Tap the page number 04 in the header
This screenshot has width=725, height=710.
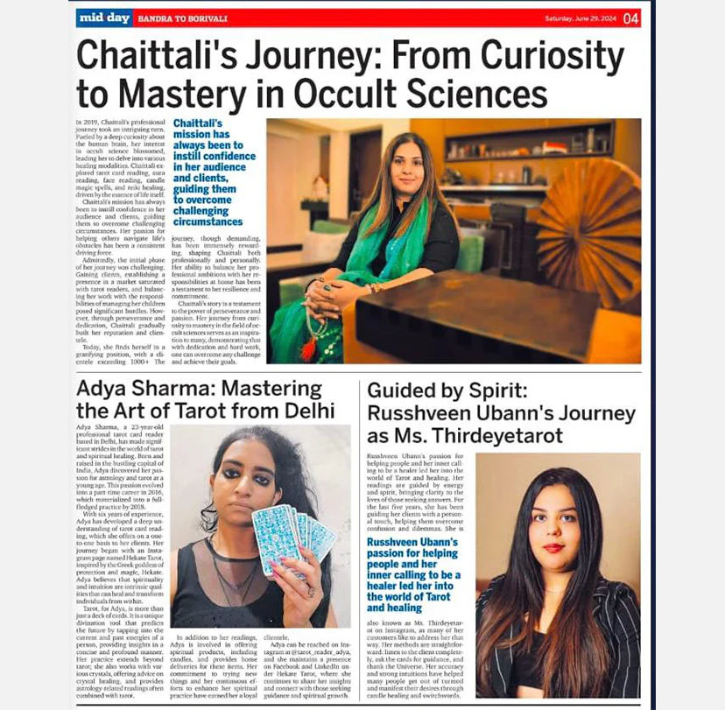(631, 18)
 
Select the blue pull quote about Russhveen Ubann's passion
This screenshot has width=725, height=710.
(412, 574)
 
